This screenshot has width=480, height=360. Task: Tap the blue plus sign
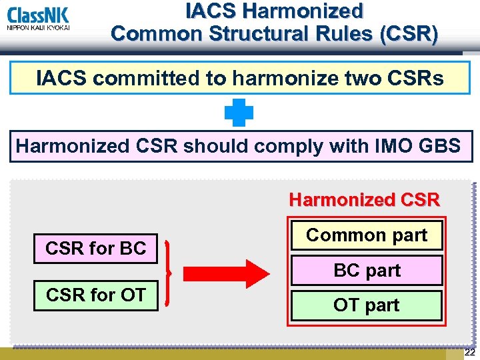coord(239,113)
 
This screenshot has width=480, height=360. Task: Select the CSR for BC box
coord(95,249)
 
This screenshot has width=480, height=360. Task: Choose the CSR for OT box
coord(95,295)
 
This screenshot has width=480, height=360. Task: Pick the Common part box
coord(366,235)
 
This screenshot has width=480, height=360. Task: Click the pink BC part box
coord(366,271)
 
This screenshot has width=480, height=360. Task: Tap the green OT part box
coord(366,305)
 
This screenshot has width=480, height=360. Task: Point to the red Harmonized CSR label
coord(364,199)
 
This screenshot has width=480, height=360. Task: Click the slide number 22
coord(470,353)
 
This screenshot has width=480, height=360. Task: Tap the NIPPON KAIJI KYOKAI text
coord(38,27)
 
